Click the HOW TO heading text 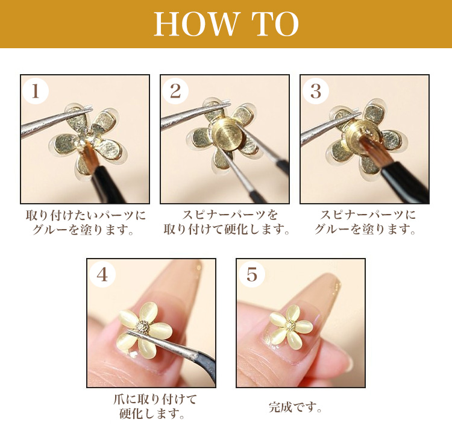pos(226,24)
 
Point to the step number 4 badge pos(102,274)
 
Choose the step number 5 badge pos(251,274)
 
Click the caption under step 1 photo pos(85,222)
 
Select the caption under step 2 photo pos(225,222)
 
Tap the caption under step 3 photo pos(365,222)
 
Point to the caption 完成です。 pos(295,407)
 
